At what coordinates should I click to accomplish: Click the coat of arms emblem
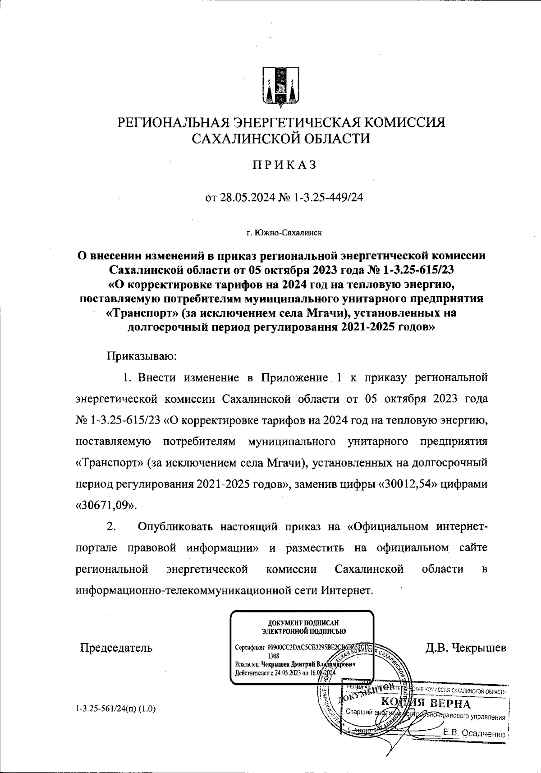tap(281, 87)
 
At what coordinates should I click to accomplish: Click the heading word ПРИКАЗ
tap(284, 166)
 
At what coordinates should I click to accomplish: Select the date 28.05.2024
tap(247, 198)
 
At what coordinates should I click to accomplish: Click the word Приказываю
tap(142, 357)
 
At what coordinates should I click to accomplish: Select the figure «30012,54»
tap(405, 483)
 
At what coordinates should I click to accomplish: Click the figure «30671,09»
tap(105, 505)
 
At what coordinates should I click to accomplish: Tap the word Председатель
tap(116, 648)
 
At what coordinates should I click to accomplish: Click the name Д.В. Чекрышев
tap(466, 648)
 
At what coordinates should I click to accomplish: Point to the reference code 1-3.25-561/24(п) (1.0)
tap(116, 709)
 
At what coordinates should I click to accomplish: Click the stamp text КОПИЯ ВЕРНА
tap(426, 704)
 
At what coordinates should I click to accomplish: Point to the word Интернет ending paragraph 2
tap(347, 590)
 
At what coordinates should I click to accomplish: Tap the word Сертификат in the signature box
tap(250, 646)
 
